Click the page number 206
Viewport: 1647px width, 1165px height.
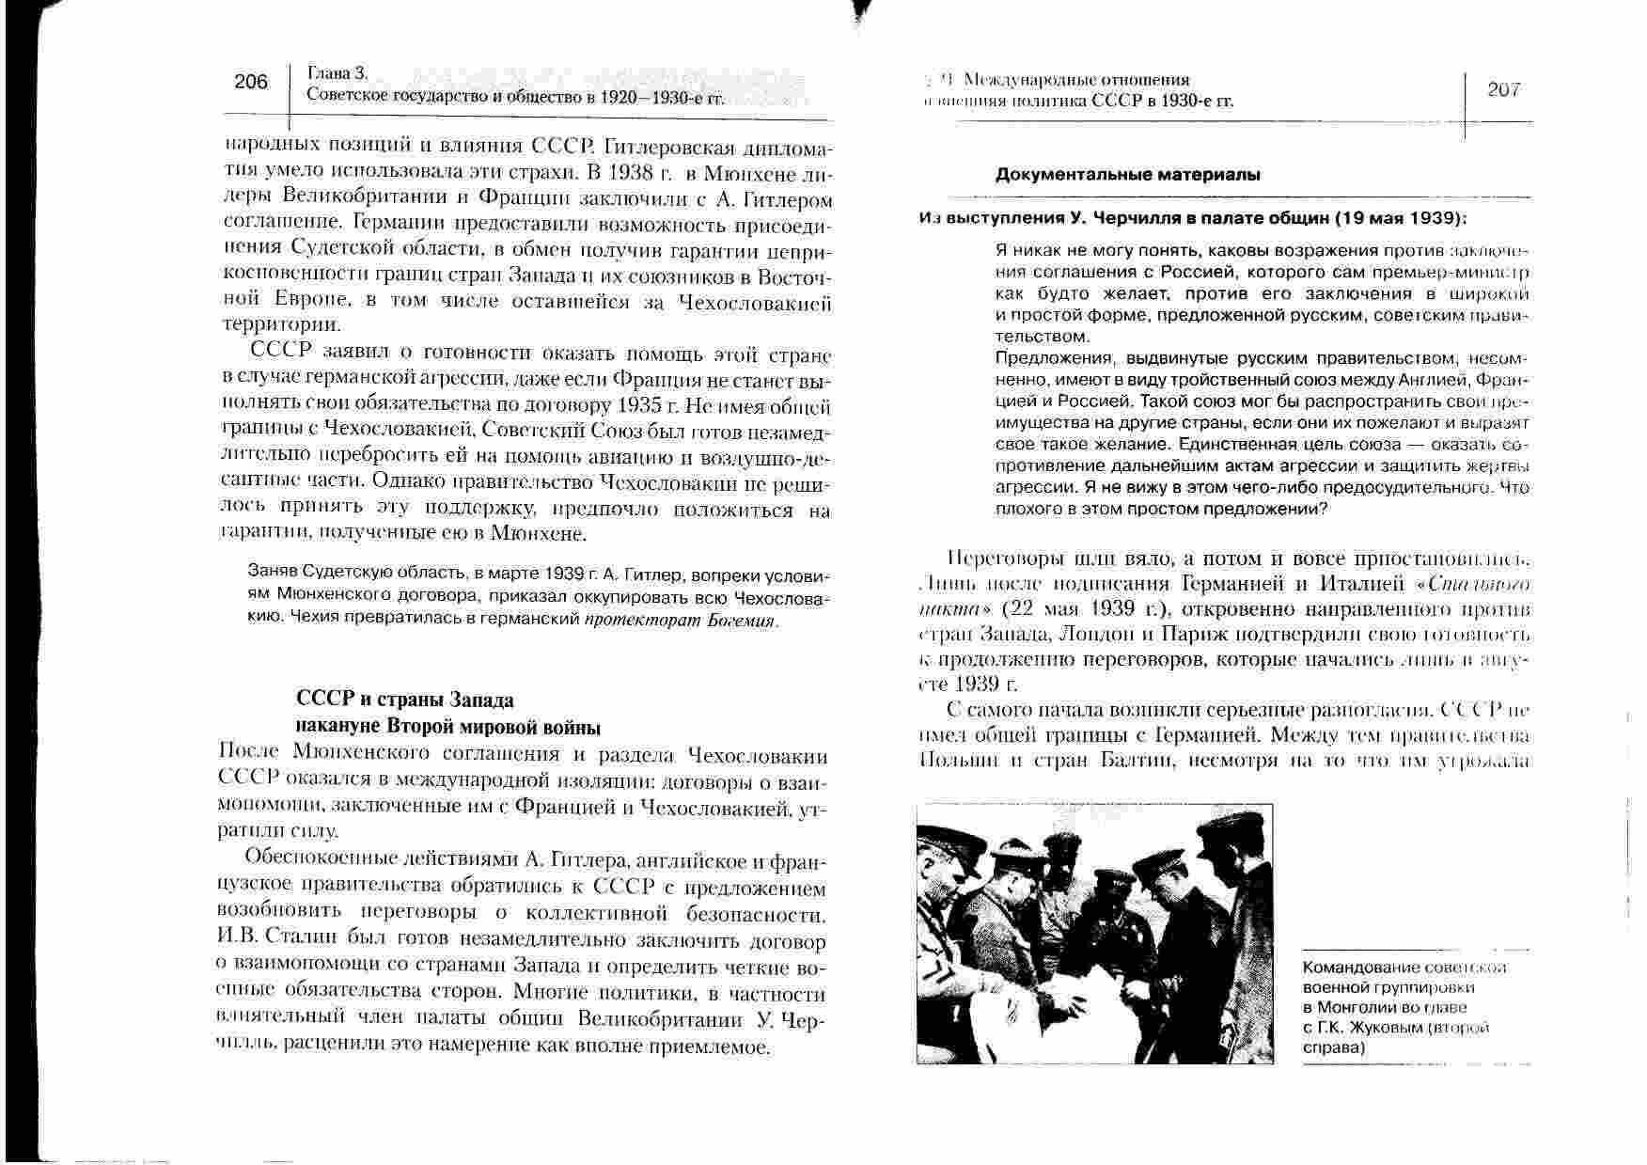tap(251, 82)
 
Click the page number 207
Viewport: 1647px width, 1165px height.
tap(1504, 89)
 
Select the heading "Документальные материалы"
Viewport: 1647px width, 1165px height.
tap(1128, 175)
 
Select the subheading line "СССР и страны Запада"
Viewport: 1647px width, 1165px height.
tap(405, 701)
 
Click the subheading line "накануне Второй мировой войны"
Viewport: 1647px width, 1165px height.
tap(447, 727)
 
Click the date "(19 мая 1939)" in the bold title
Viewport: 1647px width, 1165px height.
tap(1399, 218)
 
